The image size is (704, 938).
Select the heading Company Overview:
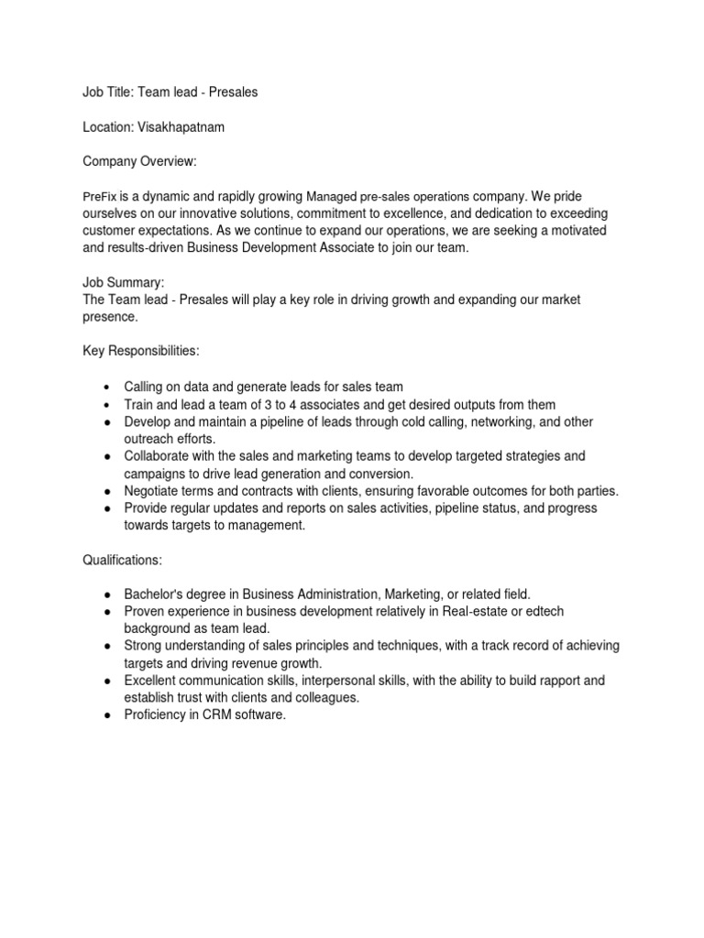click(140, 162)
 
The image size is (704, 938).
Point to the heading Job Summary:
click(124, 283)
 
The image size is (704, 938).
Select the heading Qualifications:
click(123, 558)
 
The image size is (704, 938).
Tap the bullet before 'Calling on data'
click(108, 387)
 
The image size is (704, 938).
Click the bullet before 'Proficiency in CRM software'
click(108, 715)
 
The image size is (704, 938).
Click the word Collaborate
click(159, 455)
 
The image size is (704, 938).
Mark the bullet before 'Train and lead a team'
click(108, 404)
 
